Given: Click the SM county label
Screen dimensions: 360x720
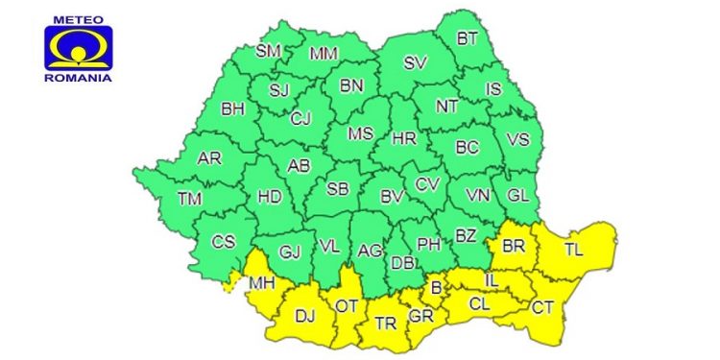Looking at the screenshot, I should pyautogui.click(x=269, y=50).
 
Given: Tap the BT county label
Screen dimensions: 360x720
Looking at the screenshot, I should pyautogui.click(x=468, y=39).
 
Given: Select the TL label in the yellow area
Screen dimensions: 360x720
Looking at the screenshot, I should pyautogui.click(x=573, y=250).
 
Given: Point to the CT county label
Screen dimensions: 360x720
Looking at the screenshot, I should pyautogui.click(x=542, y=307).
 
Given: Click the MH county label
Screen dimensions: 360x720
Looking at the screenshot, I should pyautogui.click(x=261, y=283).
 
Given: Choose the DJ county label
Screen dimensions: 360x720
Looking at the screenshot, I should pyautogui.click(x=304, y=315).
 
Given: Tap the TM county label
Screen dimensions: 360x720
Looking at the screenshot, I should pyautogui.click(x=190, y=199).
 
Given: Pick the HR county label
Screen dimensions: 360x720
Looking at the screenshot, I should pyautogui.click(x=404, y=139).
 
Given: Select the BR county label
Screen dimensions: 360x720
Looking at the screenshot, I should pyautogui.click(x=514, y=246).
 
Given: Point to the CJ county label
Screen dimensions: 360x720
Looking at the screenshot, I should pyautogui.click(x=301, y=119).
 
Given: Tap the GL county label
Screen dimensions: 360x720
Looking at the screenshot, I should pyautogui.click(x=517, y=196).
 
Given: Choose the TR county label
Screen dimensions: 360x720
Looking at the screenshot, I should pyautogui.click(x=385, y=324).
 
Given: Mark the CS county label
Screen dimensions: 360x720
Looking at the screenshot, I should pyautogui.click(x=223, y=242).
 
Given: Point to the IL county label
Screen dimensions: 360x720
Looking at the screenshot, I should pyautogui.click(x=491, y=279).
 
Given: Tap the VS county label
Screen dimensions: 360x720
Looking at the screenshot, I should pyautogui.click(x=517, y=139).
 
